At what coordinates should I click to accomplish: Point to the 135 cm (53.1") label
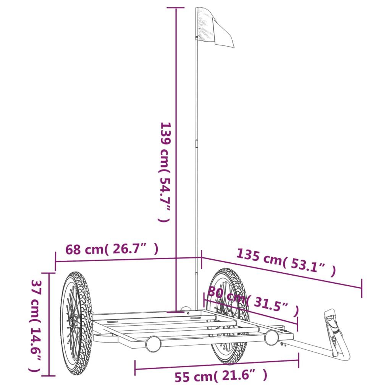tap(286, 262)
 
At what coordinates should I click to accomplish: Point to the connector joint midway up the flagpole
tap(197, 144)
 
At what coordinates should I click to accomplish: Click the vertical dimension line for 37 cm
tap(48, 325)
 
